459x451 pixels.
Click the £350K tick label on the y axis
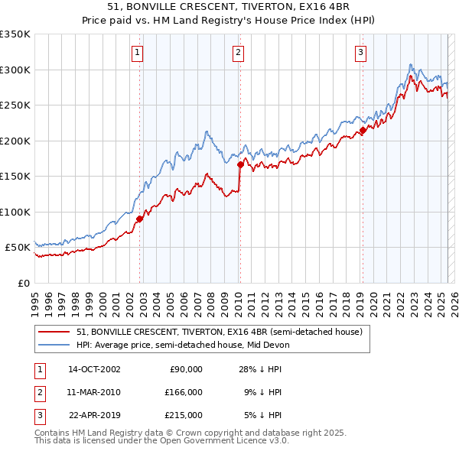(15, 34)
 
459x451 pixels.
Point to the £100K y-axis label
(15, 212)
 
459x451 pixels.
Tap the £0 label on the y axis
(23, 283)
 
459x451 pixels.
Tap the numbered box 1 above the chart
(137, 53)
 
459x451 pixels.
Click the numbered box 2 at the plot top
(239, 53)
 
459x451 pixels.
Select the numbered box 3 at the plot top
(360, 53)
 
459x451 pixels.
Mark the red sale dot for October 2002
(140, 219)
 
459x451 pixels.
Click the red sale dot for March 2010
(240, 164)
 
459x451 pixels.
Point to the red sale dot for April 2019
(363, 130)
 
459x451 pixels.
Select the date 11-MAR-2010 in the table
(94, 392)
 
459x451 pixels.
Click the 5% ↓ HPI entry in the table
(263, 415)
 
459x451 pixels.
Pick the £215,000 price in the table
(184, 415)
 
